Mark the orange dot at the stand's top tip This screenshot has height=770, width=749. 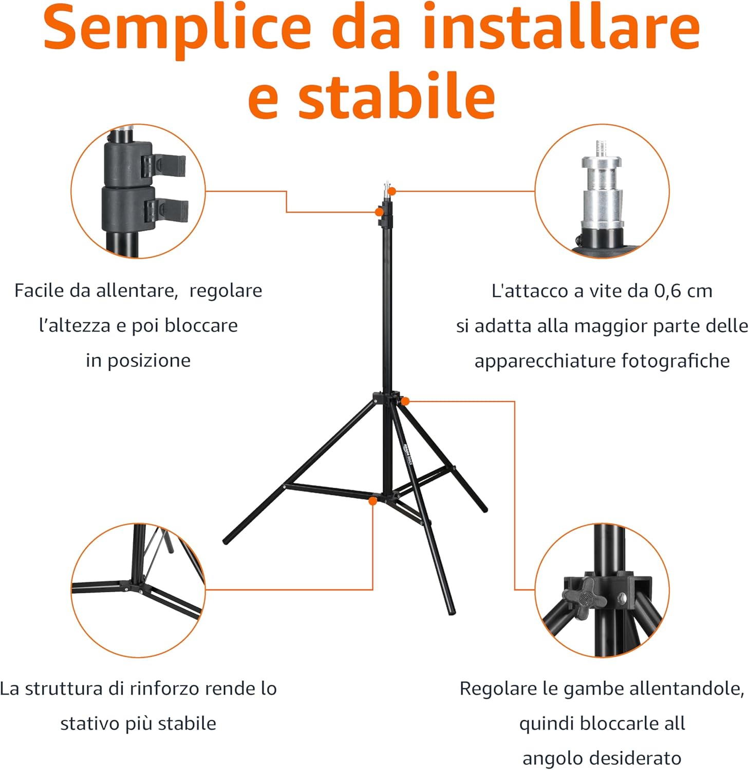tap(392, 191)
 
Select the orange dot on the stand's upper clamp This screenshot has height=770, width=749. tap(379, 211)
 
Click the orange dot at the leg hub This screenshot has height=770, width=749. tap(405, 401)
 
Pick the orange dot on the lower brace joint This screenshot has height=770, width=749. tap(372, 500)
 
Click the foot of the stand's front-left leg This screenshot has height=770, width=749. tap(227, 541)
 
